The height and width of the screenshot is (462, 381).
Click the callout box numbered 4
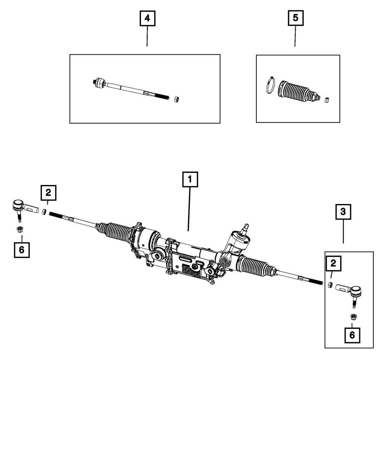coord(147,18)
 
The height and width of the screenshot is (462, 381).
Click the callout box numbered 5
coord(295,18)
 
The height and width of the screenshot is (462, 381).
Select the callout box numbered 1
coord(190,180)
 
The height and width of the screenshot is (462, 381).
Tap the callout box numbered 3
coord(343,212)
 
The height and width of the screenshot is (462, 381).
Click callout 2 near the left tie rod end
coord(48,193)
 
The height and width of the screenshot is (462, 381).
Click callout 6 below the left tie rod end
coord(22,250)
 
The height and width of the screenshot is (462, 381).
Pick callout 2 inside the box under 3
coord(333,263)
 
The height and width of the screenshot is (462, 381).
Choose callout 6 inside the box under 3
coord(352,335)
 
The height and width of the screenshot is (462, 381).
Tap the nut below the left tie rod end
coord(19,229)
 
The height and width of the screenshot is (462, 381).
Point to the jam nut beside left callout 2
coord(44,212)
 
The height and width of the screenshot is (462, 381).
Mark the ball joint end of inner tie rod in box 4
coord(100,83)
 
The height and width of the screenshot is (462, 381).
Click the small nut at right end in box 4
coord(176,99)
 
